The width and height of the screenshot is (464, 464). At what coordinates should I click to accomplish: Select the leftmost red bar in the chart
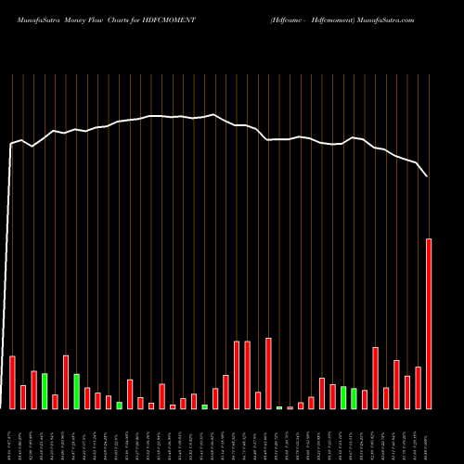[x=12, y=382]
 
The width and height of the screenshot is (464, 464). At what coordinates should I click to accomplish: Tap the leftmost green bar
[x=45, y=391]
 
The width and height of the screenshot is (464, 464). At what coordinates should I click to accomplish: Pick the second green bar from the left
[x=76, y=391]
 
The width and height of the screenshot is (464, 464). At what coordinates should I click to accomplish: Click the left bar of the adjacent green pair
[x=343, y=397]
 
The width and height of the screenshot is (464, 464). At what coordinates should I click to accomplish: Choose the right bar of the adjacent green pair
[x=354, y=398]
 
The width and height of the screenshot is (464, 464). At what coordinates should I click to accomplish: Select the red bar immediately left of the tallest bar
[x=418, y=388]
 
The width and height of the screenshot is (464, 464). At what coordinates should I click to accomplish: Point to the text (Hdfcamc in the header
[x=290, y=19]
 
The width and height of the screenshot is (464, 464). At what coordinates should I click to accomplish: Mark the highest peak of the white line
[x=214, y=115]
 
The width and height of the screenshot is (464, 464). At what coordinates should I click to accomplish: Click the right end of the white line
[x=428, y=175]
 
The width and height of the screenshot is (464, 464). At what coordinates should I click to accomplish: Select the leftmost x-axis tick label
[x=12, y=436]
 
